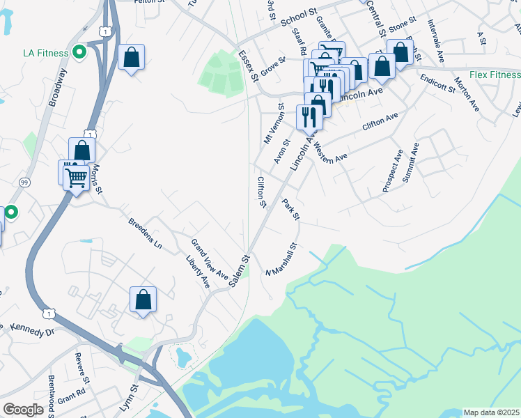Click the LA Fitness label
coord(45,53)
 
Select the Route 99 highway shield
coord(24,182)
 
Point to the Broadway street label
coord(59,86)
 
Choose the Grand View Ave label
coord(210,258)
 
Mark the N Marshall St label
coord(281,258)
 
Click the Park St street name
coord(291,210)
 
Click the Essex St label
coord(248,64)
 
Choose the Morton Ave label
coord(467,94)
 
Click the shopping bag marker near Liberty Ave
coord(143,300)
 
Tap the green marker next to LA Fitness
coord(79,52)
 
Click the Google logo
coord(24,409)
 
